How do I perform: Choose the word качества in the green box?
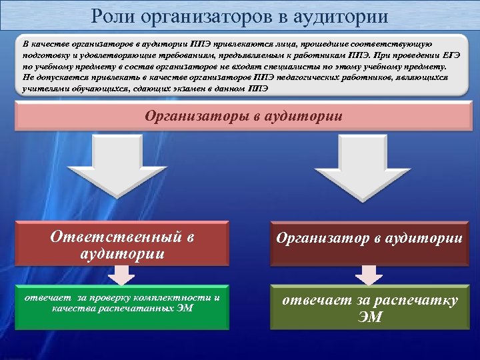72,309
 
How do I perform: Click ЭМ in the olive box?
369,317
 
